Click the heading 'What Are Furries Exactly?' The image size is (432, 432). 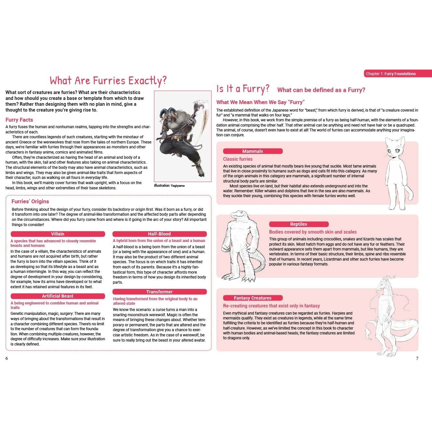pyautogui.click(x=108, y=81)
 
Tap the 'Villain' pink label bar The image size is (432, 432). pyautogui.click(x=58, y=234)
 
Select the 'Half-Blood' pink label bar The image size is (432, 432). pyautogui.click(x=159, y=234)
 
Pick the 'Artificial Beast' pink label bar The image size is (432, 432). pyautogui.click(x=58, y=296)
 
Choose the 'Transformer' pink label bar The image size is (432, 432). pyautogui.click(x=159, y=292)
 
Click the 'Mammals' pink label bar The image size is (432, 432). pyautogui.click(x=253, y=151)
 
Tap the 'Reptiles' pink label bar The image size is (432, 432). pyautogui.click(x=299, y=224)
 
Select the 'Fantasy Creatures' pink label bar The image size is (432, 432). pyautogui.click(x=253, y=298)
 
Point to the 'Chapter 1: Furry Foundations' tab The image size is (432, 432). pyautogui.click(x=398, y=74)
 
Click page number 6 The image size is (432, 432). pyautogui.click(x=7, y=358)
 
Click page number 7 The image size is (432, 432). pyautogui.click(x=417, y=358)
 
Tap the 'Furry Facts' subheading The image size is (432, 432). pyautogui.click(x=19, y=120)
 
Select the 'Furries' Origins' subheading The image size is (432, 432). pyautogui.click(x=30, y=201)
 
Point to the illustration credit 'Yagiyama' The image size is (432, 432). pyautogui.click(x=178, y=186)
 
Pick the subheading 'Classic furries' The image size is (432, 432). pyautogui.click(x=238, y=159)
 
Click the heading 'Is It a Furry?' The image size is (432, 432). pyautogui.click(x=243, y=89)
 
